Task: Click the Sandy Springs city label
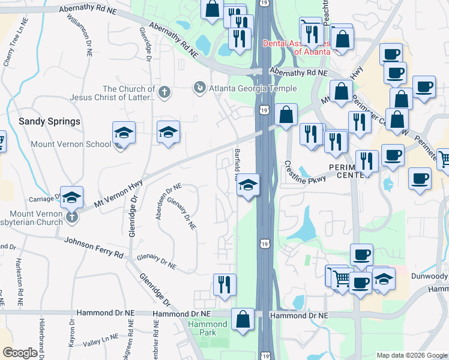[49, 121]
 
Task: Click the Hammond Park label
[208, 328]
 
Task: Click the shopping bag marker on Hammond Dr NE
[243, 320]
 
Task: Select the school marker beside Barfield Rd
[247, 186]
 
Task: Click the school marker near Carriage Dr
[71, 198]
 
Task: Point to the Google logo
[20, 353]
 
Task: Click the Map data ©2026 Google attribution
[411, 355]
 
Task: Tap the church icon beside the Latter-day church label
[164, 92]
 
